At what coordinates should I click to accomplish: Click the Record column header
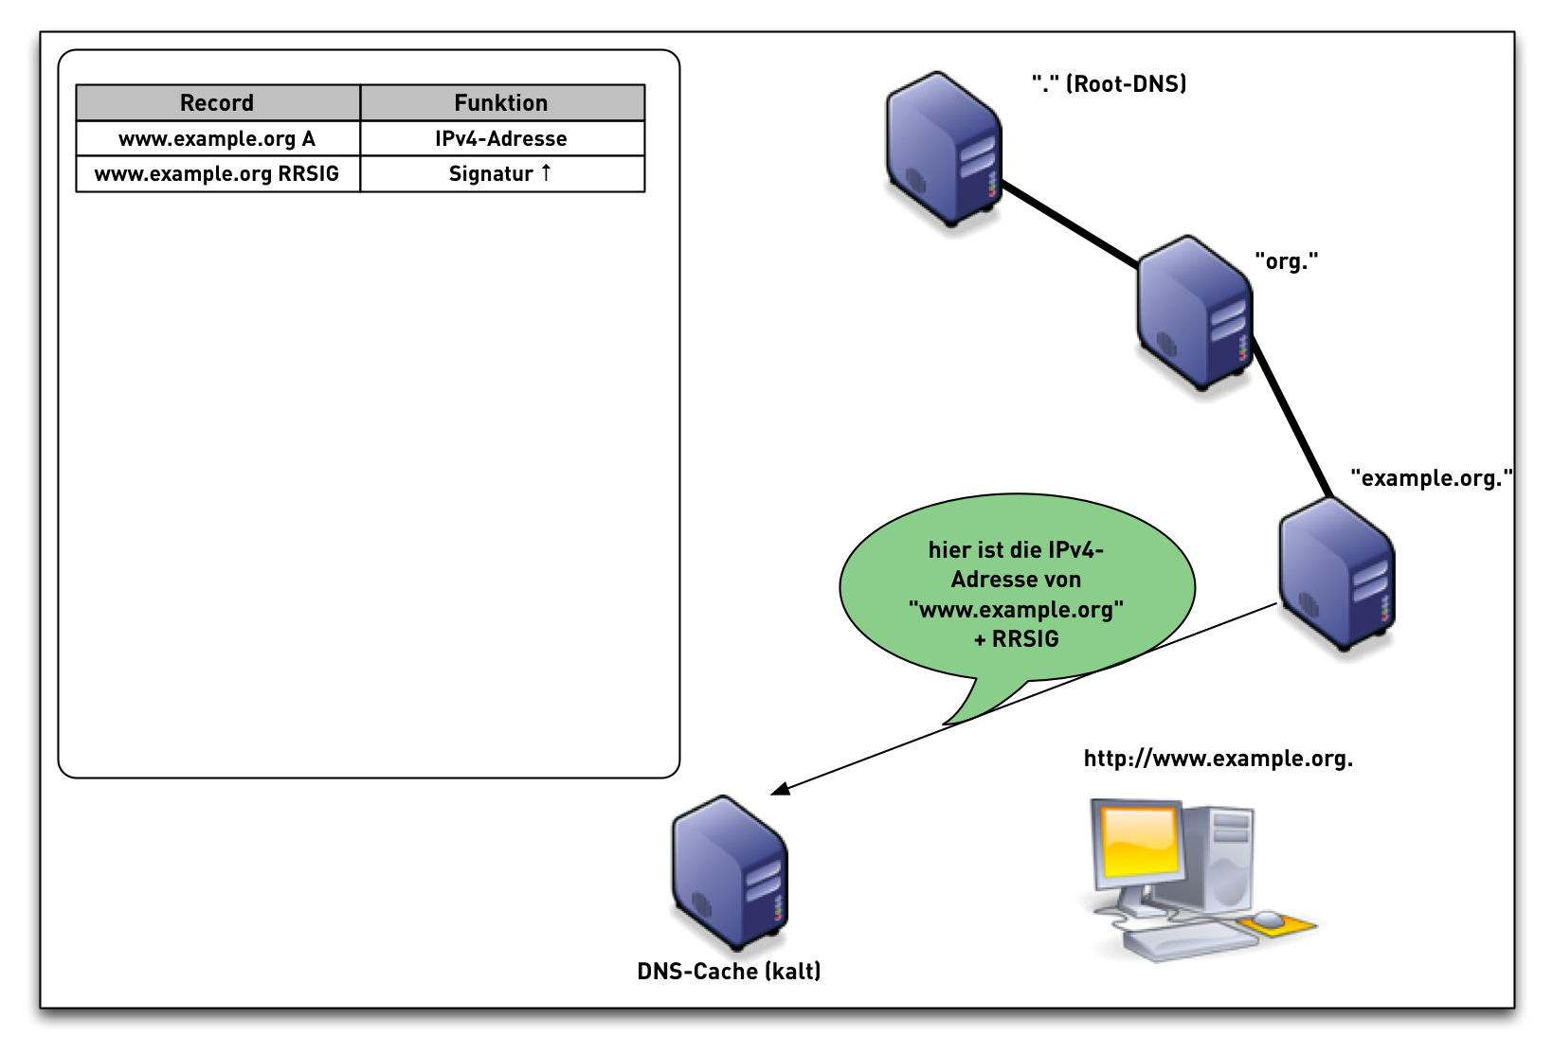click(217, 102)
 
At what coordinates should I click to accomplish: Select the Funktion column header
click(501, 102)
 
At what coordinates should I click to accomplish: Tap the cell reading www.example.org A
click(217, 138)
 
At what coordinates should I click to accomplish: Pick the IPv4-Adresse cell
click(501, 138)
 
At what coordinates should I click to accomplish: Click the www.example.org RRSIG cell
click(217, 174)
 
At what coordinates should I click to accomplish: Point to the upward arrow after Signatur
click(546, 172)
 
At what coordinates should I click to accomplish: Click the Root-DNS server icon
click(943, 149)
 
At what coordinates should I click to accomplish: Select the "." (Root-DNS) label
click(1109, 84)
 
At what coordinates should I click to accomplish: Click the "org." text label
click(1286, 261)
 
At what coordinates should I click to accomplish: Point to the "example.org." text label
click(1431, 478)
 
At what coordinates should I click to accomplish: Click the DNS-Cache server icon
click(730, 873)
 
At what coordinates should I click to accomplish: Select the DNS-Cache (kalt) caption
click(729, 972)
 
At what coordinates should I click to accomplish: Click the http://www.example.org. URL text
click(1218, 759)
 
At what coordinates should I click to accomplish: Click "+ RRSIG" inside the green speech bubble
click(1016, 639)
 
